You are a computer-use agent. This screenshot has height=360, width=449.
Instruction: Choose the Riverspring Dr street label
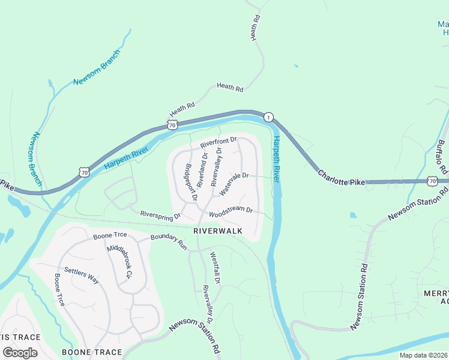tap(160, 214)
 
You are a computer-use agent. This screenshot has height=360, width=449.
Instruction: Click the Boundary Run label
tap(169, 242)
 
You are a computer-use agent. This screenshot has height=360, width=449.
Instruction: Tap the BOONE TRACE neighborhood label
tap(92, 352)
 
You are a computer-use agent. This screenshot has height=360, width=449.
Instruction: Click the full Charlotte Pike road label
tap(341, 178)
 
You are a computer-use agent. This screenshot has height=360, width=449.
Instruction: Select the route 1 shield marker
tap(268, 117)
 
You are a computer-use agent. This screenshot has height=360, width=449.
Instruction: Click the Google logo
tap(19, 352)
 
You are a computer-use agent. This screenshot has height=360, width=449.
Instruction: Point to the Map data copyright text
tap(423, 355)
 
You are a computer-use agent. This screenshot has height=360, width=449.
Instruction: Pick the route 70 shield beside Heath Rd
tap(173, 125)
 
